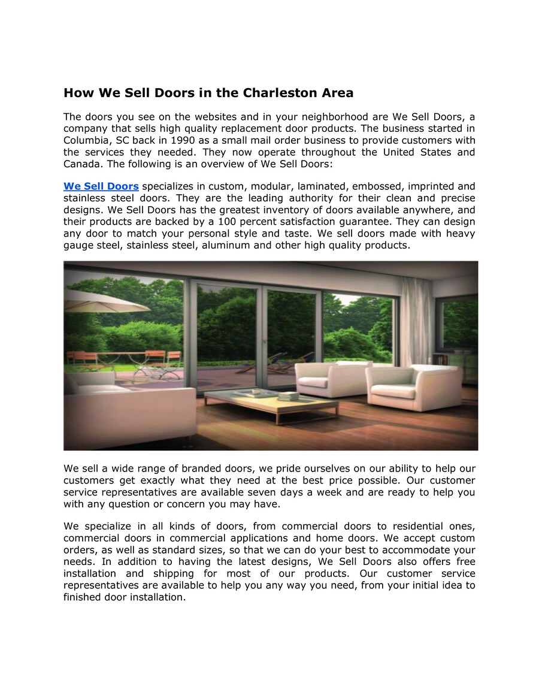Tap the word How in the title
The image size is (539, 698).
[x=78, y=93]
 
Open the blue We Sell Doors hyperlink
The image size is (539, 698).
[x=101, y=186]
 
